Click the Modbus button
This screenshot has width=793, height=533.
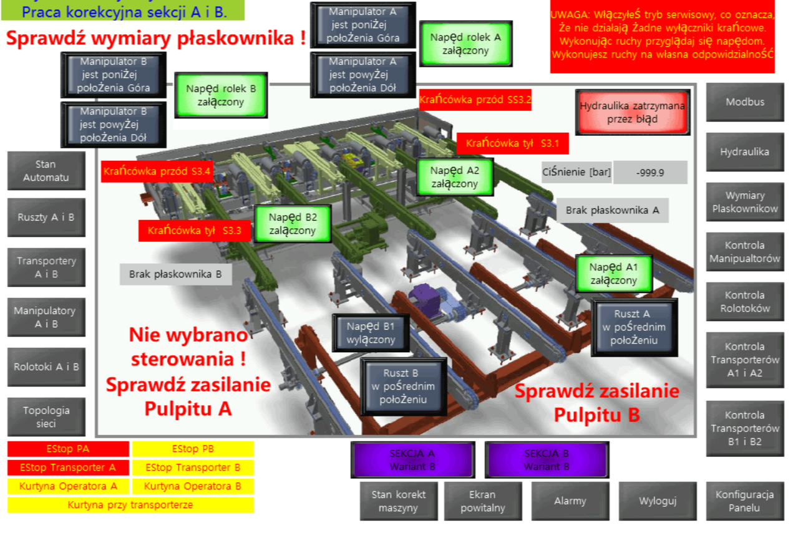744,102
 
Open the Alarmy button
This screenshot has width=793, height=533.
570,501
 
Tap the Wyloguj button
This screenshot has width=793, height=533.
658,501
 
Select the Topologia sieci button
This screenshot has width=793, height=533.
46,417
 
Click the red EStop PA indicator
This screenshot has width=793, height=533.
68,449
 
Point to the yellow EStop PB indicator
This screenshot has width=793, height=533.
193,449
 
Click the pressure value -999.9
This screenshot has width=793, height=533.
650,173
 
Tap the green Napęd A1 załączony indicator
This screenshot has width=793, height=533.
614,274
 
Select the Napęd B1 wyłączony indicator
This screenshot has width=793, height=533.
371,333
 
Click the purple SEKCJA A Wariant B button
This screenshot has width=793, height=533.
412,460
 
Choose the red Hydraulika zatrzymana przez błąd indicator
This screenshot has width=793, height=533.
633,112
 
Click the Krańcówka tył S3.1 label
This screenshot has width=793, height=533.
512,143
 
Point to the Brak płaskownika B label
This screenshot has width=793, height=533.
175,274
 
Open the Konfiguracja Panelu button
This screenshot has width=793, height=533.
744,501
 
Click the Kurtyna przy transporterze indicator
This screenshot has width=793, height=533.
130,505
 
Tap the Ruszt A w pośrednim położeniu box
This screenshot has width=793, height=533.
634,328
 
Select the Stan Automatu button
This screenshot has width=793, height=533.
46,171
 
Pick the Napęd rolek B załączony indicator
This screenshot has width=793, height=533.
221,95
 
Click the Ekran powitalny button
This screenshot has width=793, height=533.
482,501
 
